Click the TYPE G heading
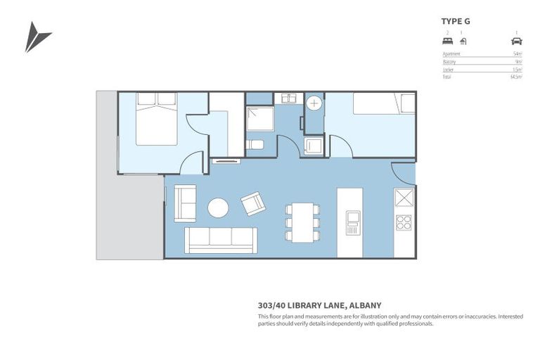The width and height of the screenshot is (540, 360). click(x=456, y=21)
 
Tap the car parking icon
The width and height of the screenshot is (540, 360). click(x=516, y=41)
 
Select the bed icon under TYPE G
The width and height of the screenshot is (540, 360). click(x=447, y=41)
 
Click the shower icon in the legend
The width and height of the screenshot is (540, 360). click(x=462, y=41)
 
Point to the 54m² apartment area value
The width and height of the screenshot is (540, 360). click(x=517, y=54)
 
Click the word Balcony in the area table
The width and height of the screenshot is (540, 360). click(x=450, y=62)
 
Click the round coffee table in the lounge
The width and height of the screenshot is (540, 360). click(x=218, y=207)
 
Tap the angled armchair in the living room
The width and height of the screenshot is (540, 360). click(x=253, y=204)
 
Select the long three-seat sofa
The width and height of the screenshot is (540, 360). click(x=221, y=240)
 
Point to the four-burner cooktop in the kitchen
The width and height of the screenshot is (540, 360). click(x=404, y=223)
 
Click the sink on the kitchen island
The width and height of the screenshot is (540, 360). click(x=352, y=223)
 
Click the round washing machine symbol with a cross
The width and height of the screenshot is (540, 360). click(x=314, y=103)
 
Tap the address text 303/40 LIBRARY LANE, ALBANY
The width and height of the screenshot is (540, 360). click(x=319, y=305)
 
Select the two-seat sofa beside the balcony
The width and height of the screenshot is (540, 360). click(x=186, y=202)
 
